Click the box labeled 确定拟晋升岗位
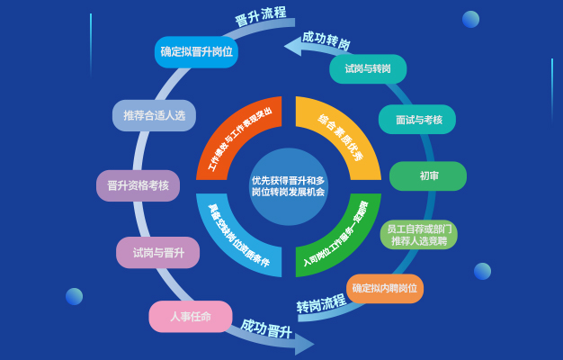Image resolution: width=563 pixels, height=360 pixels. click(x=196, y=52)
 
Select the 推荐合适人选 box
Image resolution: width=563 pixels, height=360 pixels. click(x=154, y=115)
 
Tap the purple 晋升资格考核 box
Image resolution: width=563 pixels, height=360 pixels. click(x=138, y=185)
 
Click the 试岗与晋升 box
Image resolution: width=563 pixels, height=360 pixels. click(x=158, y=253)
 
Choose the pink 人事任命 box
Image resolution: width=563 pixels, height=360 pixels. click(x=191, y=316)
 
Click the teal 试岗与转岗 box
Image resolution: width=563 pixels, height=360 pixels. click(x=367, y=69)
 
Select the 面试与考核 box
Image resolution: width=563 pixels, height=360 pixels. click(x=417, y=120)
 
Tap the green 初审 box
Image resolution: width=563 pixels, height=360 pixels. click(x=428, y=176)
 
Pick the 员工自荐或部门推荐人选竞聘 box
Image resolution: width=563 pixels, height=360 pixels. click(x=420, y=235)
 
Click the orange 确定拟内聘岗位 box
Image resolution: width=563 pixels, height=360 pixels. click(x=385, y=288)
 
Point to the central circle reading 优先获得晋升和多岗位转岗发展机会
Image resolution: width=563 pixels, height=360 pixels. click(x=288, y=186)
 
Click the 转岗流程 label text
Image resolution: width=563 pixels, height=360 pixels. click(x=321, y=303)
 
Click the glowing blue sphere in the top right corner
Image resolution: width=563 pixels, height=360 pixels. click(x=470, y=19)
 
